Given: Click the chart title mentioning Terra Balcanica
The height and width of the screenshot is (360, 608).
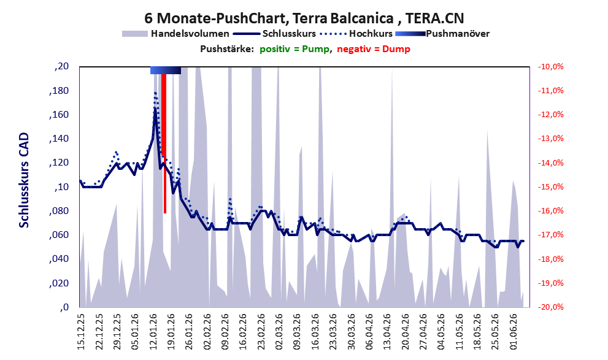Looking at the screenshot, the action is point(304,18).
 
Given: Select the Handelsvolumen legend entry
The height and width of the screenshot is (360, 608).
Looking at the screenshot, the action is point(175,34).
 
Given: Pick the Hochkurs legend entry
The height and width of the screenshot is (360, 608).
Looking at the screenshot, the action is point(356,34).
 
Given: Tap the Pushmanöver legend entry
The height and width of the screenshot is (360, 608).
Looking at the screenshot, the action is point(442,34).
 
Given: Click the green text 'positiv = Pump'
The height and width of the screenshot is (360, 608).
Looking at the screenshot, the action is point(294,49).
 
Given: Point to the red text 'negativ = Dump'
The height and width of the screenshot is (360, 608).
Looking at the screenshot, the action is point(374,49).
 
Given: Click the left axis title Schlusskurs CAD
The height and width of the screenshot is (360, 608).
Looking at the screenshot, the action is point(24,180).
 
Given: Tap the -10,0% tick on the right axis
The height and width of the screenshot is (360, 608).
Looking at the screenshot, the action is point(550,67).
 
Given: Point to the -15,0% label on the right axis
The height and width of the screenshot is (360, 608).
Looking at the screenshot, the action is point(550,187).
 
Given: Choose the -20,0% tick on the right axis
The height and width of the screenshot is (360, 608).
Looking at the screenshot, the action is point(550,307).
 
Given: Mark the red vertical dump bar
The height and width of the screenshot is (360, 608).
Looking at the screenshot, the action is point(164,144).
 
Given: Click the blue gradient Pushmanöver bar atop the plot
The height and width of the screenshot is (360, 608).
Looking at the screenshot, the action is point(166,70).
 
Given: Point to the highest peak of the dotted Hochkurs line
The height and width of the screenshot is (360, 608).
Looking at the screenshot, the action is point(155,93).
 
